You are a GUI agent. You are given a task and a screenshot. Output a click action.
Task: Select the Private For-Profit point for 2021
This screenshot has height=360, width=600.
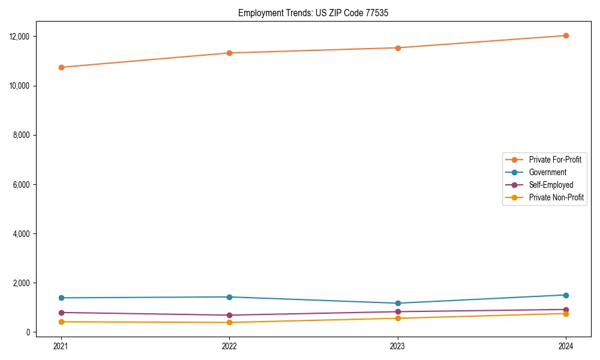pos(61,67)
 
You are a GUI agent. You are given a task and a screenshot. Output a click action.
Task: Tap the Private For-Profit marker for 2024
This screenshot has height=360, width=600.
pos(566,35)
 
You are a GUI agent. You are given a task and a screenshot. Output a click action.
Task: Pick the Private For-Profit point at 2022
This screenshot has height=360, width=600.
pos(229,53)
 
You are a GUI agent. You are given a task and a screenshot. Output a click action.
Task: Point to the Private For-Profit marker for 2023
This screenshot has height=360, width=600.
pos(398,48)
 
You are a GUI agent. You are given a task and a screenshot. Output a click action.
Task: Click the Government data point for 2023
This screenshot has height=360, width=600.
pos(398,303)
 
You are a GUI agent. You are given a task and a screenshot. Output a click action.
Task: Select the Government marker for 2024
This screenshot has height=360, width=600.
pos(566,295)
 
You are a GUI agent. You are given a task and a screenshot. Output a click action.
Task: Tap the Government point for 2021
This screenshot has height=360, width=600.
pos(61,298)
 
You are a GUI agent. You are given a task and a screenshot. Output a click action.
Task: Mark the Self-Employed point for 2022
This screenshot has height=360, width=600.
pos(229,315)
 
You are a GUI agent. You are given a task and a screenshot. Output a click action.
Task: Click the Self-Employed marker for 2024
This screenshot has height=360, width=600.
pos(566,310)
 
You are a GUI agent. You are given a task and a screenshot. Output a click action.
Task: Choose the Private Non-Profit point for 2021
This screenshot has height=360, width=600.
pos(61,322)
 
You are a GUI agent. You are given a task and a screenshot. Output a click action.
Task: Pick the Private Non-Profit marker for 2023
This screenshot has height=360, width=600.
pos(398,318)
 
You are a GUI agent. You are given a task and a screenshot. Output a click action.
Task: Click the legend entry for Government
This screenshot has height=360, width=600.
pos(547,172)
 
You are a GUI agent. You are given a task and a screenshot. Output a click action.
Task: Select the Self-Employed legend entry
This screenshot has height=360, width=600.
pos(551,185)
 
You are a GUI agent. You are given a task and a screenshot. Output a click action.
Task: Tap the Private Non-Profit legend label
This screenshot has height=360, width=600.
pos(556,197)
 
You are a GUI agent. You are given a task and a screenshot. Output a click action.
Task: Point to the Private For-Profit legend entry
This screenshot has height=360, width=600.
pos(554,160)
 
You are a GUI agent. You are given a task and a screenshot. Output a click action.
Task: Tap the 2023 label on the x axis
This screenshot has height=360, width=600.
pos(398,346)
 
